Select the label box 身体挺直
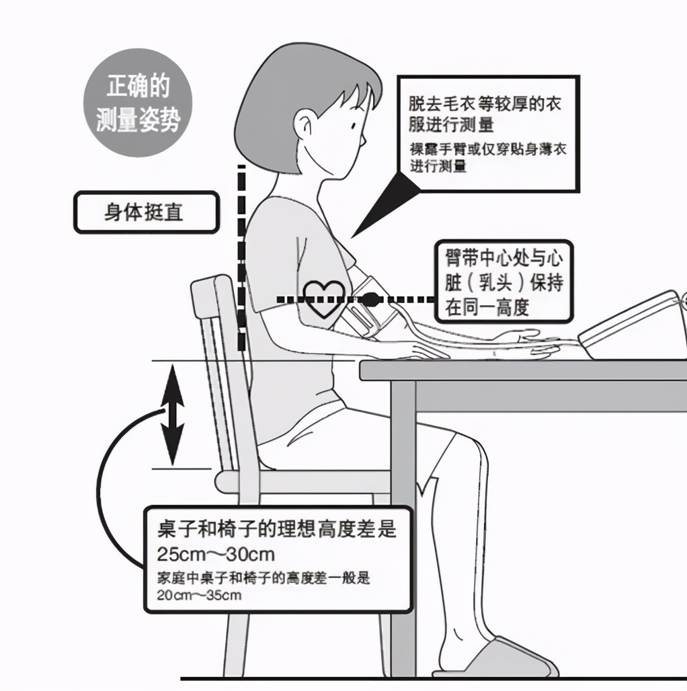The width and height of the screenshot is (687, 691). pyautogui.click(x=146, y=212)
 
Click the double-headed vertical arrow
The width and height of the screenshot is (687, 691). pyautogui.click(x=173, y=414)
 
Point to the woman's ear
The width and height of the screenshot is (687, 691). pyautogui.click(x=307, y=125)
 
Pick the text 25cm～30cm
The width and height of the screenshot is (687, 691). pyautogui.click(x=216, y=555)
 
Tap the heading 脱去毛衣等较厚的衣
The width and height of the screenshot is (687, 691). pyautogui.click(x=485, y=105)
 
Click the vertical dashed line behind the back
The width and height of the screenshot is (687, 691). pyautogui.click(x=241, y=262)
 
